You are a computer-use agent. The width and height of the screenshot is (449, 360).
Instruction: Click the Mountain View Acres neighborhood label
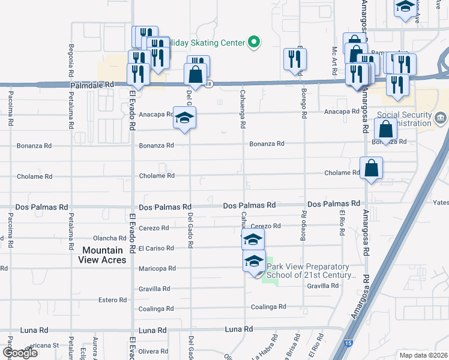pos(102,255)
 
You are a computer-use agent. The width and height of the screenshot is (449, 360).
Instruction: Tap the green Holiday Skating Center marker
pos(254,42)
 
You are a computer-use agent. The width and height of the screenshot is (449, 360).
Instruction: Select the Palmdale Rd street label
pos(92,86)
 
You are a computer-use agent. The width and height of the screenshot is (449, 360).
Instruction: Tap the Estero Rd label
pos(114,299)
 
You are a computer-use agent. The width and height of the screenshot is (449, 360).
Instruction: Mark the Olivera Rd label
pos(155,351)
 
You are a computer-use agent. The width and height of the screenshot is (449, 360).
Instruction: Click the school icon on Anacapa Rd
pos(185,117)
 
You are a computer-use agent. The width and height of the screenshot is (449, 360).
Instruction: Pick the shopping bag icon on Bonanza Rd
pos(385,129)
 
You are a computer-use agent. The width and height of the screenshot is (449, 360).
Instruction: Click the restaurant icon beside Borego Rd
pos(295,59)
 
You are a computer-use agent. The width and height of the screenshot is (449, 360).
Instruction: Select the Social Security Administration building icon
pos(441,118)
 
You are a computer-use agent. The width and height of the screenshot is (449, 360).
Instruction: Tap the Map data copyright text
pos(423,355)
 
